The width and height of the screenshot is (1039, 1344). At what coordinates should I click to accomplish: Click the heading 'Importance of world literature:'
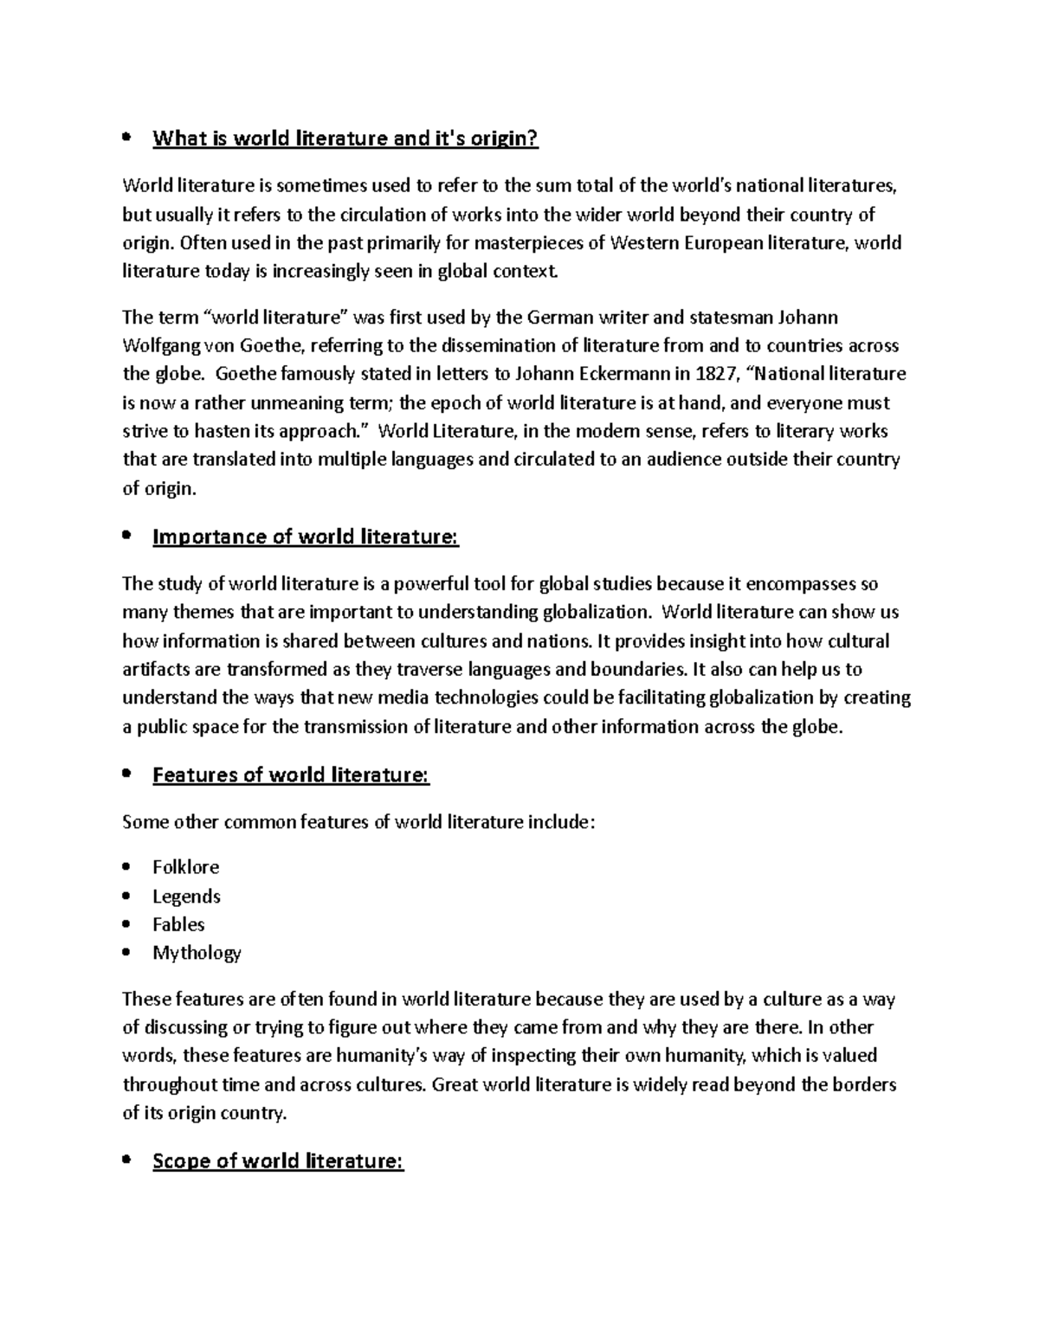[x=305, y=537]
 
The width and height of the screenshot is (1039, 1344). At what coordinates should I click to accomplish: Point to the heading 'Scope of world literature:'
[x=278, y=1161]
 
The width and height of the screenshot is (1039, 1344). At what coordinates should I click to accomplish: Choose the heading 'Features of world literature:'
[x=290, y=775]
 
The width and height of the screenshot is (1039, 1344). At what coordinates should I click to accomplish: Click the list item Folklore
[x=185, y=867]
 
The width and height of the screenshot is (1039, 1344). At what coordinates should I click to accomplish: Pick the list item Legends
[x=186, y=897]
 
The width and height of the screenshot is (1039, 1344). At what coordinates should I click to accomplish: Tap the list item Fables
[x=178, y=924]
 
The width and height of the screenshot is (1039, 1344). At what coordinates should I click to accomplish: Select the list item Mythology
[x=197, y=953]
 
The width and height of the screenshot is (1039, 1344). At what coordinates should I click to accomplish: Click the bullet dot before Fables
[x=128, y=925]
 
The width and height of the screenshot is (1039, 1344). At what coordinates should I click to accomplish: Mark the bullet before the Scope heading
[x=128, y=1161]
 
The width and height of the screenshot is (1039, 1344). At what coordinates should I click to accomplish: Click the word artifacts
[x=152, y=670]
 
